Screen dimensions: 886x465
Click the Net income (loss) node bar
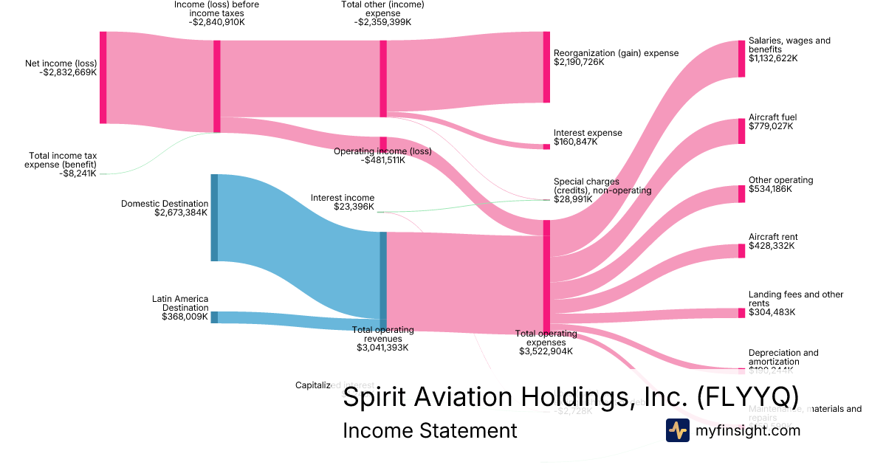coord(103,77)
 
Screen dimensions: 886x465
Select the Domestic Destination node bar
coord(214,217)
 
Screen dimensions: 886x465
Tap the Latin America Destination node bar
coord(214,317)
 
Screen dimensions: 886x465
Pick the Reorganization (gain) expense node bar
coord(546,67)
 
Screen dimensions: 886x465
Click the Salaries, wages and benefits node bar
coord(741,58)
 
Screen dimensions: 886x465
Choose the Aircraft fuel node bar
coord(741,131)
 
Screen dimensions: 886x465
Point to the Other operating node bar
coord(741,193)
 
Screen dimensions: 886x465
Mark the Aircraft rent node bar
coord(741,250)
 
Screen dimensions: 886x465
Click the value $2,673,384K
coord(181,213)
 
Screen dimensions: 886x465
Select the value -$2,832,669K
coord(68,72)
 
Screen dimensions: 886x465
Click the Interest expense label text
coord(588,133)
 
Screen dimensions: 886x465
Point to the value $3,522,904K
coord(546,351)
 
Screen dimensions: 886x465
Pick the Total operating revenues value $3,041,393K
coord(382,347)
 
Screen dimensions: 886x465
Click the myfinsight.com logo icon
coord(677,430)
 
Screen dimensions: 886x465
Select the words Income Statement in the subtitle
coord(430,430)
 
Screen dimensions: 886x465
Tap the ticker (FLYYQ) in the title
coord(748,397)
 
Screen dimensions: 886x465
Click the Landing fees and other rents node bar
coord(741,312)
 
